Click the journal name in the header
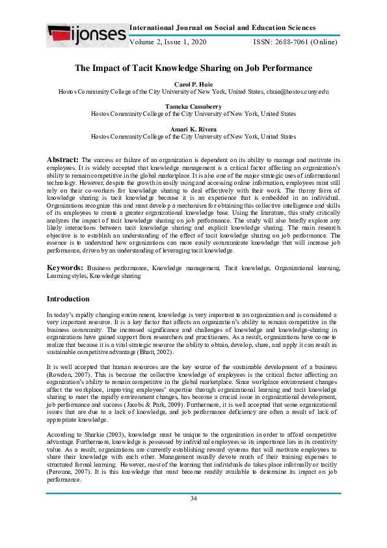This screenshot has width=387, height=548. coord(223,28)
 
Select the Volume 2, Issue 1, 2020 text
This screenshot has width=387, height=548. coord(168,42)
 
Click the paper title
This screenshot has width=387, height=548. coord(193,68)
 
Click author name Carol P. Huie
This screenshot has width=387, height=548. coord(193,85)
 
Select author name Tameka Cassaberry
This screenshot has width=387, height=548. coord(193,106)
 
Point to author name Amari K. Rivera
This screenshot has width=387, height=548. coord(193,129)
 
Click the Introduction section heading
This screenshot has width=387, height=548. coord(68,299)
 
